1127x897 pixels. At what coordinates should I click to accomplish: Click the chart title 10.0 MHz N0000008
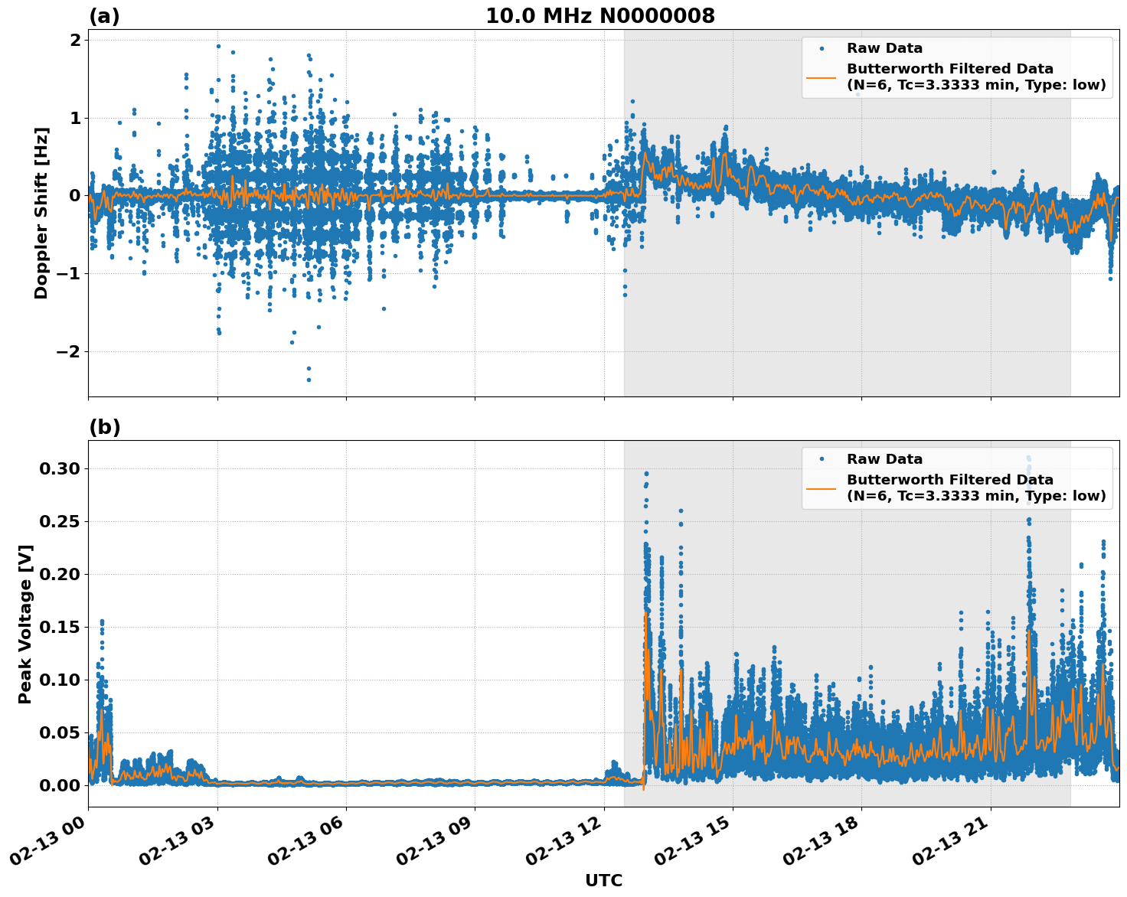click(599, 16)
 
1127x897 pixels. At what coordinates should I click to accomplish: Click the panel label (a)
click(104, 16)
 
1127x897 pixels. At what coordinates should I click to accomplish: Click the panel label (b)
click(104, 427)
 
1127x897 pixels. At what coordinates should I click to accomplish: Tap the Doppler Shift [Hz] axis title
click(41, 213)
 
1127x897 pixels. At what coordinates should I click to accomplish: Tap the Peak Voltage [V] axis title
click(25, 624)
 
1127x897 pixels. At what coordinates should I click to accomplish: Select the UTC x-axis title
click(603, 880)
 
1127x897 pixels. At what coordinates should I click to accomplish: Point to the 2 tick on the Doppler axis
click(75, 40)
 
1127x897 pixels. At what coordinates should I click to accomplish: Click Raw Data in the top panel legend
click(884, 48)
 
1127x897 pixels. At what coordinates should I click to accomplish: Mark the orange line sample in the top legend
click(821, 77)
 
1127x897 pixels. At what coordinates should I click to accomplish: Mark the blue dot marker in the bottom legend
click(821, 459)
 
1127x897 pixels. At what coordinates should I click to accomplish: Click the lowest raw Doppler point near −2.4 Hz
click(309, 380)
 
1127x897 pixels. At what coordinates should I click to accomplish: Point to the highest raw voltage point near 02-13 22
click(1028, 458)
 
